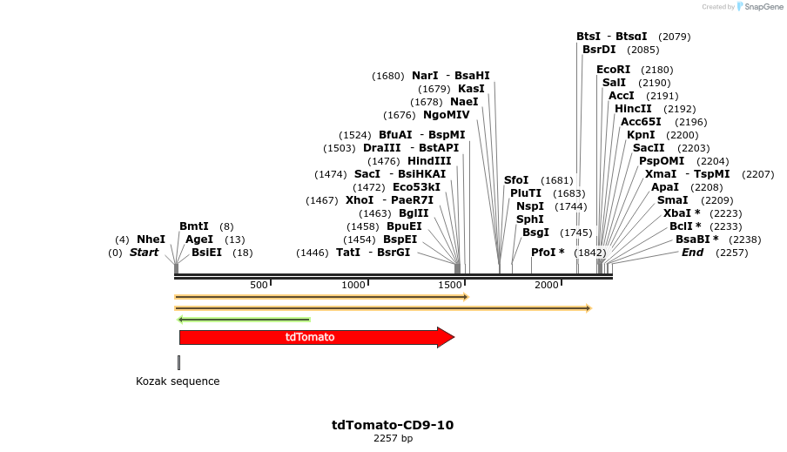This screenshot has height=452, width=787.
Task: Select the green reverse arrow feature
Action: click(244, 320)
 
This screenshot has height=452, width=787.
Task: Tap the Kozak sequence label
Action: click(178, 381)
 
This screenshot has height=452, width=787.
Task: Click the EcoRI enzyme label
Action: click(613, 70)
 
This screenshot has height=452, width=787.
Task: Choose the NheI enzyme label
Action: click(151, 239)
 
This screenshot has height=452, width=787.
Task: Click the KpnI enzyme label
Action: click(641, 135)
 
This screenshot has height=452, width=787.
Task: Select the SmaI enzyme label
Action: click(672, 200)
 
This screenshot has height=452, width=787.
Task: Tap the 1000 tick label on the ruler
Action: click(353, 286)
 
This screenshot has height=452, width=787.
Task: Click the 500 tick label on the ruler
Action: click(259, 286)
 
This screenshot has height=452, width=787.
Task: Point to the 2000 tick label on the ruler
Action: click(546, 286)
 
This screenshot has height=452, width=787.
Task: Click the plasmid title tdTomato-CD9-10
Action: click(393, 425)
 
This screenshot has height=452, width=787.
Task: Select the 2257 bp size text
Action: click(393, 438)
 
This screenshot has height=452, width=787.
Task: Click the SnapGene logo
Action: click(760, 7)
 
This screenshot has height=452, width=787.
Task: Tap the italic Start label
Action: click(145, 253)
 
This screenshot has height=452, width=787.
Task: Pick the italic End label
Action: click(692, 253)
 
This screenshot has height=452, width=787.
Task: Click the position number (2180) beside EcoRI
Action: click(656, 70)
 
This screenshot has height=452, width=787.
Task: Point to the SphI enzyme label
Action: click(529, 219)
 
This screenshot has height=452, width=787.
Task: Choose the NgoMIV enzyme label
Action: click(446, 115)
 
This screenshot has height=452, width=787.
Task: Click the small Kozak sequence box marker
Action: click(178, 362)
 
